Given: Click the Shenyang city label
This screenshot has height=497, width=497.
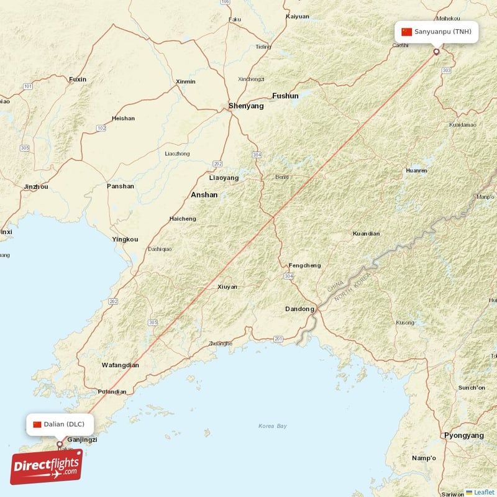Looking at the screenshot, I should tap(246, 106).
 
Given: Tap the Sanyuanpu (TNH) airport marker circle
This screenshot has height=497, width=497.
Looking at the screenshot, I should tap(436, 52).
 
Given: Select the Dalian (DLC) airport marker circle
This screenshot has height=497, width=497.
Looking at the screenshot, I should tap(60, 444).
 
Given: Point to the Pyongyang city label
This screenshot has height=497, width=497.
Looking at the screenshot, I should tap(463, 435).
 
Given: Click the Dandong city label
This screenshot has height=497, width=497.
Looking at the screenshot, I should tap(299, 309).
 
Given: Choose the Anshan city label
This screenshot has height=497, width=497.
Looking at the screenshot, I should tap(204, 195).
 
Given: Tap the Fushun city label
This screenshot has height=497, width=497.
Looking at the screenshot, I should tap(285, 96).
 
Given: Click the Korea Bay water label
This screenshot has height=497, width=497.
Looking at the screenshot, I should tap(273, 426).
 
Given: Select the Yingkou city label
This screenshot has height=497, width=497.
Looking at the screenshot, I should tap(125, 239).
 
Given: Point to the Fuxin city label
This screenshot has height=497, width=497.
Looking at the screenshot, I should tap(78, 80).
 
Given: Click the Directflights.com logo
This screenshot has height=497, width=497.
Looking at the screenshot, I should tap(47, 467).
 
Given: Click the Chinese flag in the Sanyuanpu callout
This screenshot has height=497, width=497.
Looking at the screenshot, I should tap(407, 32).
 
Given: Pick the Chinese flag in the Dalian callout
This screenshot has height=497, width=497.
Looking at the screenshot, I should tap(37, 424).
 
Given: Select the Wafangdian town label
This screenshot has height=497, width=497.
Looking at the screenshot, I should tap(121, 365).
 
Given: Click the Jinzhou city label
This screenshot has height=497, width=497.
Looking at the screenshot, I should tap(35, 186).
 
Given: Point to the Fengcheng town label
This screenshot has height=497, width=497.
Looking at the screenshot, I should tap(304, 266).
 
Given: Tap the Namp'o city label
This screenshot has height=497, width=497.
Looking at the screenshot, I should tap(424, 458).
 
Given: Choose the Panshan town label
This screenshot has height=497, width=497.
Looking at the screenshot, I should tap(120, 186).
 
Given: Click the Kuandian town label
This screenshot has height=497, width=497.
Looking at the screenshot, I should tap(366, 234).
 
